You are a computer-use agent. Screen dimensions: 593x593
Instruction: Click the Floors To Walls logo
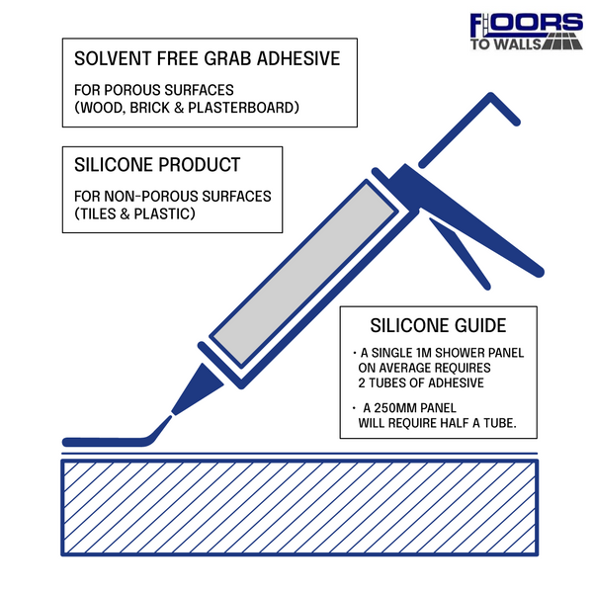point(526,32)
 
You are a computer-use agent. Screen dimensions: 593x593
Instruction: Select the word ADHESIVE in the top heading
point(298,58)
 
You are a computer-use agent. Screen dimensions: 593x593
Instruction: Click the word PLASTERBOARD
point(241,108)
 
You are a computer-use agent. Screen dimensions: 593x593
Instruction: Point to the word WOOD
point(101,108)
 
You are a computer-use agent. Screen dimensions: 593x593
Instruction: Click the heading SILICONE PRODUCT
point(157,165)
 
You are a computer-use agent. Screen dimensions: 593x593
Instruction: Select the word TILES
point(98,214)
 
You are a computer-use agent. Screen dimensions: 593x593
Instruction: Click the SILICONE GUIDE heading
point(438,325)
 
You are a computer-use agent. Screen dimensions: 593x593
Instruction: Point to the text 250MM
point(395,408)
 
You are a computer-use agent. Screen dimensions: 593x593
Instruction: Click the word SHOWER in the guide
point(460,353)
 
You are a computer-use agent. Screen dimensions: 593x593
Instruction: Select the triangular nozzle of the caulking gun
point(198,389)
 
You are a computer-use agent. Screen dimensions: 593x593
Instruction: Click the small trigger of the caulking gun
point(460,253)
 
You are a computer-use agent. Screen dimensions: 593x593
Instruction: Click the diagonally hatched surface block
point(299,508)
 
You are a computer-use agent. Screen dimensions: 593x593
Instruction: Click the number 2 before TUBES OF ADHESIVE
point(362,383)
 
